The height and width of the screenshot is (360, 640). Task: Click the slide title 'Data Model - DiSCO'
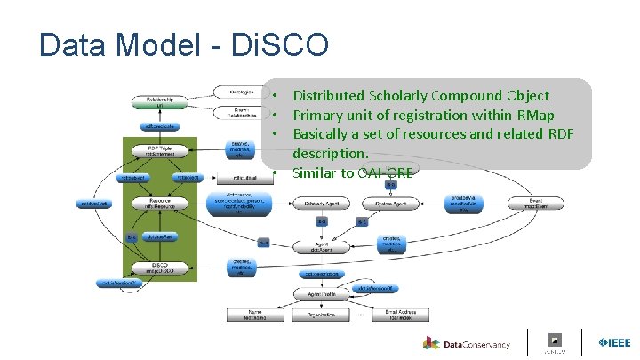click(x=184, y=44)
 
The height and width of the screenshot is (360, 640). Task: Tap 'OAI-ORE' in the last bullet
click(x=383, y=172)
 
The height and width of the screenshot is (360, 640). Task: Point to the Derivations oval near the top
click(x=236, y=91)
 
